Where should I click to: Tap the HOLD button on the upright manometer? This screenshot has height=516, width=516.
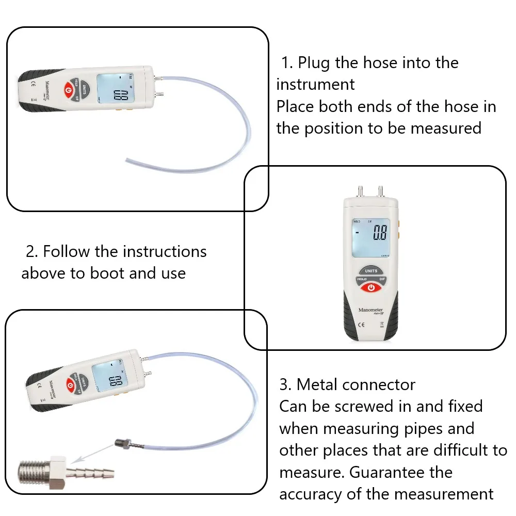tap(361, 279)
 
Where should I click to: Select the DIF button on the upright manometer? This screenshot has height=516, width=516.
tap(382, 279)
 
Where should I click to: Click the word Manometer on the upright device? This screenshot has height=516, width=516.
tap(371, 311)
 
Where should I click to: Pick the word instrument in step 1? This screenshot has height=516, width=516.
tap(315, 84)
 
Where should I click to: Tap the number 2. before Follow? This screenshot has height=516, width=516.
tap(32, 252)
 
